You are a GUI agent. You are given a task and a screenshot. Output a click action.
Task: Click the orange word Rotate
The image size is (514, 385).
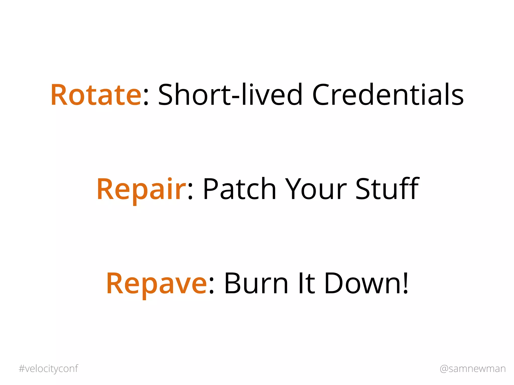coord(96,95)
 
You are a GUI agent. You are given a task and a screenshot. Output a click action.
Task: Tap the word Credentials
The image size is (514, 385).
coord(388,95)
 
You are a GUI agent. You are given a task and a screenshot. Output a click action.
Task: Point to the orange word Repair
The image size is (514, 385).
coord(141,189)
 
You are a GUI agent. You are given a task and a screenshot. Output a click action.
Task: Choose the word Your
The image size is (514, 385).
coord(316,189)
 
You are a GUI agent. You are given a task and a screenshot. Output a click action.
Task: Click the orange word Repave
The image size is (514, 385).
coord(156,284)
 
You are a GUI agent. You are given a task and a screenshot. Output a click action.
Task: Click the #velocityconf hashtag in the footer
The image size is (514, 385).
coord(48,369)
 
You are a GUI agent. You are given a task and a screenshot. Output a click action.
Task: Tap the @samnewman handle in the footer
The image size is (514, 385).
coord(473,369)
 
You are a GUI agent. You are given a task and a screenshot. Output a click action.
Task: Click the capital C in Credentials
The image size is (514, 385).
coord(322,95)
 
